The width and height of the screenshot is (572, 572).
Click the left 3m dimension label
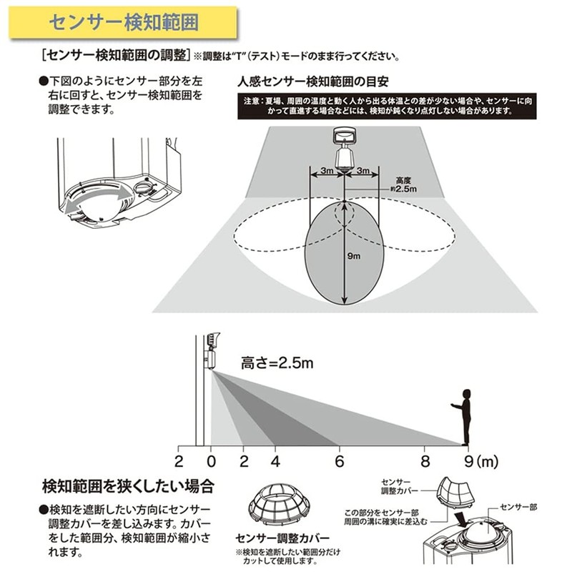click(x=326, y=171)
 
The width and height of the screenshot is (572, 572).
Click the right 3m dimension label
click(x=363, y=171)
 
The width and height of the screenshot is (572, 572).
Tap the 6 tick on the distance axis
click(x=339, y=460)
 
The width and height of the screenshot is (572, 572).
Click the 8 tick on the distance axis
click(x=425, y=460)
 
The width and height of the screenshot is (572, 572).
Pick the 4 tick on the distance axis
click(x=275, y=460)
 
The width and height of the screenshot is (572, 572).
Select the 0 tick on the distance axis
click(x=211, y=460)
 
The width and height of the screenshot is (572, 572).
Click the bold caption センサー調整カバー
click(x=282, y=538)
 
